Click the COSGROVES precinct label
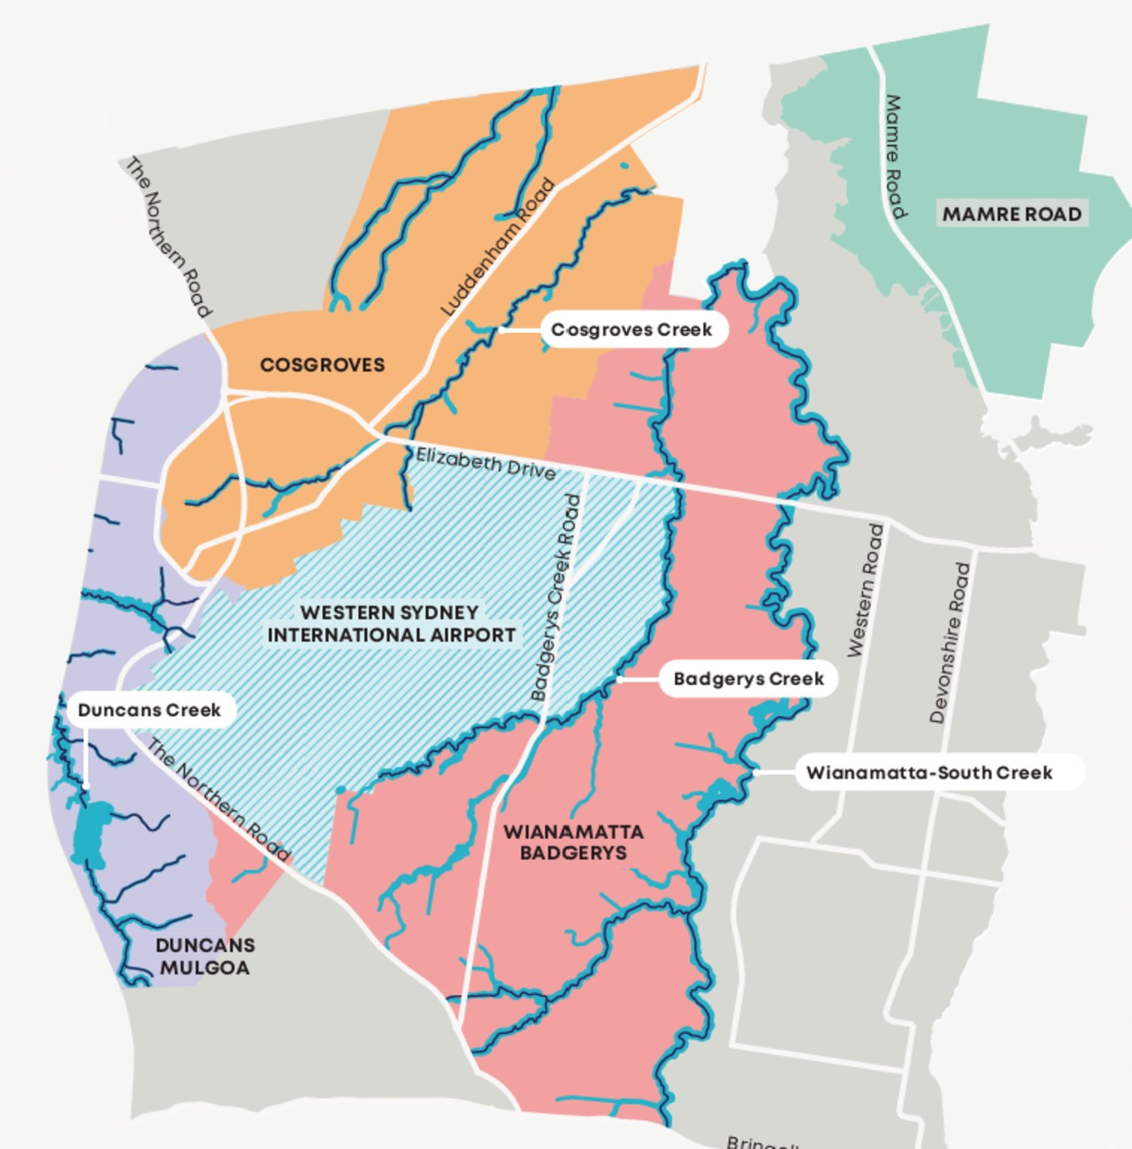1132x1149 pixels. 322,364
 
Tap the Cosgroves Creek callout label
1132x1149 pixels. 631,330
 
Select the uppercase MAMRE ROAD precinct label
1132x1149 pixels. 1012,214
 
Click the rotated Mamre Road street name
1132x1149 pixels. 895,156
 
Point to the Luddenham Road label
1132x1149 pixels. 498,247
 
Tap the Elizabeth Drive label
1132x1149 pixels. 486,463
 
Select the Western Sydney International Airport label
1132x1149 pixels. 391,623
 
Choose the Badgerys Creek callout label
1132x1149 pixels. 748,679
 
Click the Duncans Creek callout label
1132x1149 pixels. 149,710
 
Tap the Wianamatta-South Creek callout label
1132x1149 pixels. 929,772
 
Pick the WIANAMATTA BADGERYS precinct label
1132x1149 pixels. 573,842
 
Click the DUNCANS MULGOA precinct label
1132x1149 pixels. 204,956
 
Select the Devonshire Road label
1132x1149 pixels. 950,643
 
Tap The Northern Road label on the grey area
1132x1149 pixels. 168,237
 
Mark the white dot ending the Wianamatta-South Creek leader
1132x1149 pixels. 756,772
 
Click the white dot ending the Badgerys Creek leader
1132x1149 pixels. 619,679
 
